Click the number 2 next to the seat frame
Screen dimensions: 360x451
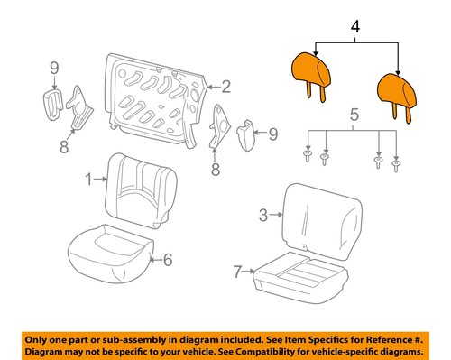tap(227, 88)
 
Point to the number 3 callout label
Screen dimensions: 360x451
tap(263, 215)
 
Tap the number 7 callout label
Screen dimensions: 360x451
tap(236, 270)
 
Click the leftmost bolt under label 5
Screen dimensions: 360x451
tap(308, 155)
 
